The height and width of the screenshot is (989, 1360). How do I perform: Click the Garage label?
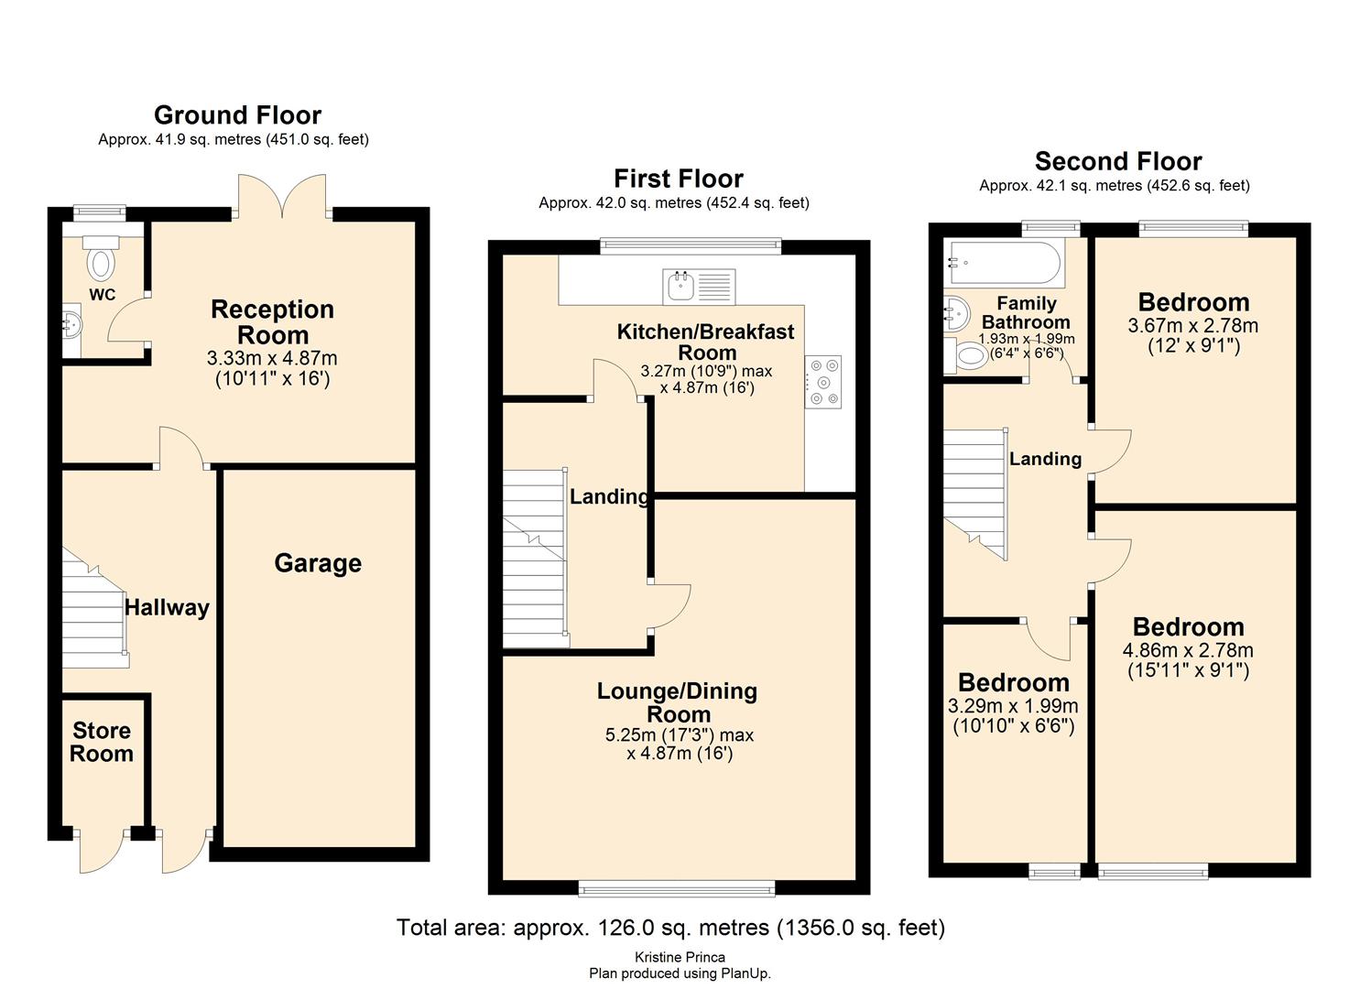coord(318,564)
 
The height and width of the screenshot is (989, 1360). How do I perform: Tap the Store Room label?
coord(102,742)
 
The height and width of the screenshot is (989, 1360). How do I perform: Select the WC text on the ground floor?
coord(102,295)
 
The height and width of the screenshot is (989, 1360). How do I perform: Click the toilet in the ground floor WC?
coord(101,259)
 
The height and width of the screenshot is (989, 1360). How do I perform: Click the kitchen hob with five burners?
coord(823,382)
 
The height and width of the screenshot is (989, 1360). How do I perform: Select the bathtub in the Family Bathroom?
coord(1005,264)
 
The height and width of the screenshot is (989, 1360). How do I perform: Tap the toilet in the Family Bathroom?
coord(966,356)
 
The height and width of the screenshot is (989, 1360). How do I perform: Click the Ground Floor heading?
coord(237,115)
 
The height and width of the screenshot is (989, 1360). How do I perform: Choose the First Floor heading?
coord(679,179)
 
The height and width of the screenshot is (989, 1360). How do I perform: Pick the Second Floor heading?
coord(1117,161)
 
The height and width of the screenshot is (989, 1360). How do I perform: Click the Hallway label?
coord(167,608)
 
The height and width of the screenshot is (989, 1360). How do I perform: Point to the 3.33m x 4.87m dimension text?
coord(272,358)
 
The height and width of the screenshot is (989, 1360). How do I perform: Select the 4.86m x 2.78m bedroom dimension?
coord(1188,650)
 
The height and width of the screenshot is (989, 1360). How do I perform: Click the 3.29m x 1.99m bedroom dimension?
coord(1013,706)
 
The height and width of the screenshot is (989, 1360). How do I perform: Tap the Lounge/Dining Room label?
coord(678,702)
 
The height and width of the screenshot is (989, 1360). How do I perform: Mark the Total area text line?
coord(670,928)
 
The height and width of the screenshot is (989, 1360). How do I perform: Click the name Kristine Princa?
coord(680,958)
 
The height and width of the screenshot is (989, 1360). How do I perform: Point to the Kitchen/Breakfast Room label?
coord(706,342)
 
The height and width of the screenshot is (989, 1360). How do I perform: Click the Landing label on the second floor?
coord(1045,459)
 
